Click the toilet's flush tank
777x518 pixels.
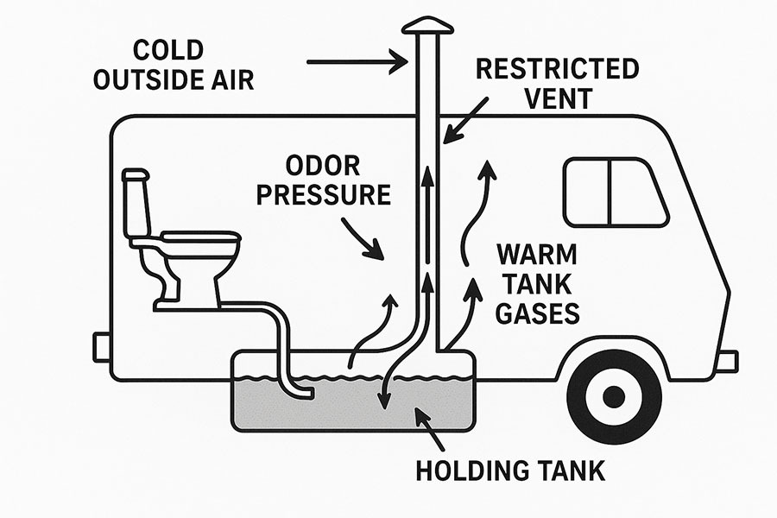click(x=136, y=204)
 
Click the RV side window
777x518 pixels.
click(x=615, y=192)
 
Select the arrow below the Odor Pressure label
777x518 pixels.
click(x=363, y=239)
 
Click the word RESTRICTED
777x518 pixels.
click(x=558, y=69)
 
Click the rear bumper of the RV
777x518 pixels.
click(x=102, y=346)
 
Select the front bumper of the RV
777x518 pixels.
click(x=727, y=360)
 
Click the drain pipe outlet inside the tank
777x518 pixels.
click(x=303, y=394)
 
